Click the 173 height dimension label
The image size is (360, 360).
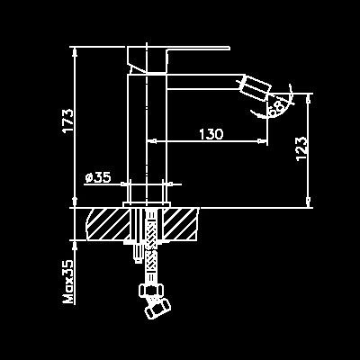click(x=67, y=121)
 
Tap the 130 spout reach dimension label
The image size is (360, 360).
click(x=211, y=134)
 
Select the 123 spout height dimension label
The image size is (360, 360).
click(x=301, y=149)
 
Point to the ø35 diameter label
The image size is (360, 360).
click(x=98, y=177)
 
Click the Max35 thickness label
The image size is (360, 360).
click(x=67, y=282)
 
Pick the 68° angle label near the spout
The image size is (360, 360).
click(x=277, y=107)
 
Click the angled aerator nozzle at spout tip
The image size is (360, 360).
click(x=256, y=86)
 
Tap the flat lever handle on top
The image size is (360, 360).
click(x=178, y=59)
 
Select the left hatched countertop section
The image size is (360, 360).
click(x=108, y=224)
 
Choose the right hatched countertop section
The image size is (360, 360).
click(x=181, y=224)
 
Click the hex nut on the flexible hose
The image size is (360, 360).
click(x=152, y=290)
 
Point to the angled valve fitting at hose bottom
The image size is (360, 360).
click(x=157, y=307)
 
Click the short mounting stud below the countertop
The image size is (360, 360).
click(x=138, y=251)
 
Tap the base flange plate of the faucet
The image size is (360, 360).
click(x=147, y=204)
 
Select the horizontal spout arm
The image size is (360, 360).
click(x=204, y=82)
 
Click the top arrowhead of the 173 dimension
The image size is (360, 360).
click(x=75, y=51)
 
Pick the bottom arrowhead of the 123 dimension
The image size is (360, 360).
click(x=309, y=202)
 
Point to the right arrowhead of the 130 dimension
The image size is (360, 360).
click(x=262, y=140)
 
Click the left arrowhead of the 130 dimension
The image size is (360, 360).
click(x=152, y=140)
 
